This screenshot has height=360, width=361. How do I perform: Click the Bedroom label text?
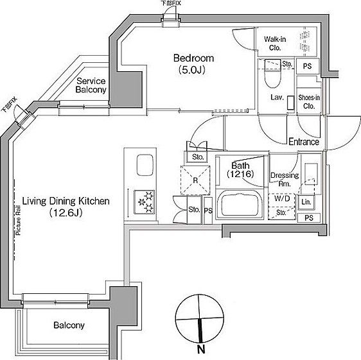coord(193,58)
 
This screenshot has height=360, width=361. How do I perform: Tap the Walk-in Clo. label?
coord(274,42)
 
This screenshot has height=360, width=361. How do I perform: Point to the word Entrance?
coord(303,142)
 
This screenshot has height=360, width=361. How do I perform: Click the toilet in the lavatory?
coord(271,79)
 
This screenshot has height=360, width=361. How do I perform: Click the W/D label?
coord(281,198)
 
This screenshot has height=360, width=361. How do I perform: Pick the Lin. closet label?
coord(306,203)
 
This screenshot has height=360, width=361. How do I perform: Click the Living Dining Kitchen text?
coord(66,201)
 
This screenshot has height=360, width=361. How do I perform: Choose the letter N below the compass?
coord(201,350)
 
